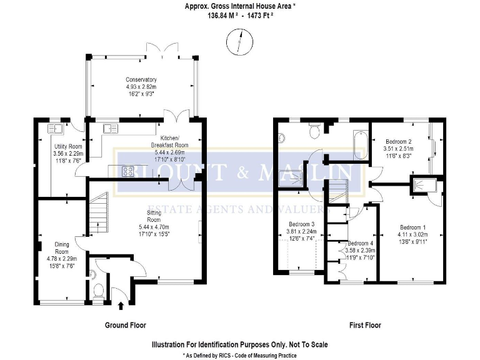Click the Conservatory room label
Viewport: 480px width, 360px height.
(141, 80)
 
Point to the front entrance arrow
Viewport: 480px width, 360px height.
(121, 305)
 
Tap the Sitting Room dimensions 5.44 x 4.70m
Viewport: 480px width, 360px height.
(154, 227)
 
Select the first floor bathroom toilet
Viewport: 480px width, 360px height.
(315, 129)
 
